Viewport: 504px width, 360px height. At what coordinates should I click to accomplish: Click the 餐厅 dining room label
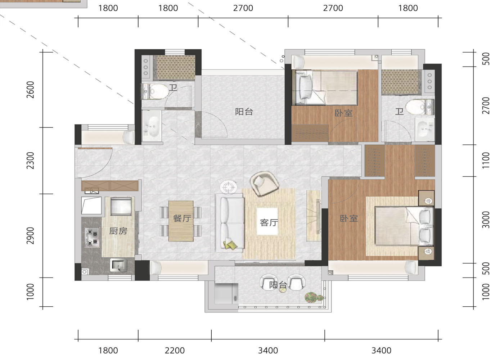[x=182, y=218]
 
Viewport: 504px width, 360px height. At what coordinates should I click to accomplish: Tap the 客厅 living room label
[x=269, y=223]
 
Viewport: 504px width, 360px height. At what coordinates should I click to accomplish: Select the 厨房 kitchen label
[x=118, y=231]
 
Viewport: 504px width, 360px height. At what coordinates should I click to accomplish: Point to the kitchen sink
[x=118, y=265]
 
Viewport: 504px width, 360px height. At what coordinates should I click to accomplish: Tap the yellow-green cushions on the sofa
[x=230, y=245]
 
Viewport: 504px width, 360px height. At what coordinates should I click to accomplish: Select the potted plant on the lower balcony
[x=314, y=297]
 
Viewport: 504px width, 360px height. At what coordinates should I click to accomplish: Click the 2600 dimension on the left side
[x=30, y=90]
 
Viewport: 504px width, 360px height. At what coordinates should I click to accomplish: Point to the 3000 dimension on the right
[x=486, y=220]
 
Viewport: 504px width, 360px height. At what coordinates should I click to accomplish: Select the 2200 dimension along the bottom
[x=175, y=350]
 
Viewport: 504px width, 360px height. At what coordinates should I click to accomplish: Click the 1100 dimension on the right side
[x=486, y=160]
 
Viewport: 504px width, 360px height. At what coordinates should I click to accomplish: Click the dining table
[x=181, y=221]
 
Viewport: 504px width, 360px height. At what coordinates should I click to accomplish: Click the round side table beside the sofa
[x=229, y=186]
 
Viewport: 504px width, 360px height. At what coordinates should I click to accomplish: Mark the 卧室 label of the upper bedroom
[x=343, y=113]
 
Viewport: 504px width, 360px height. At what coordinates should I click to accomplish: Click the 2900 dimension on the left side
[x=30, y=235]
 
